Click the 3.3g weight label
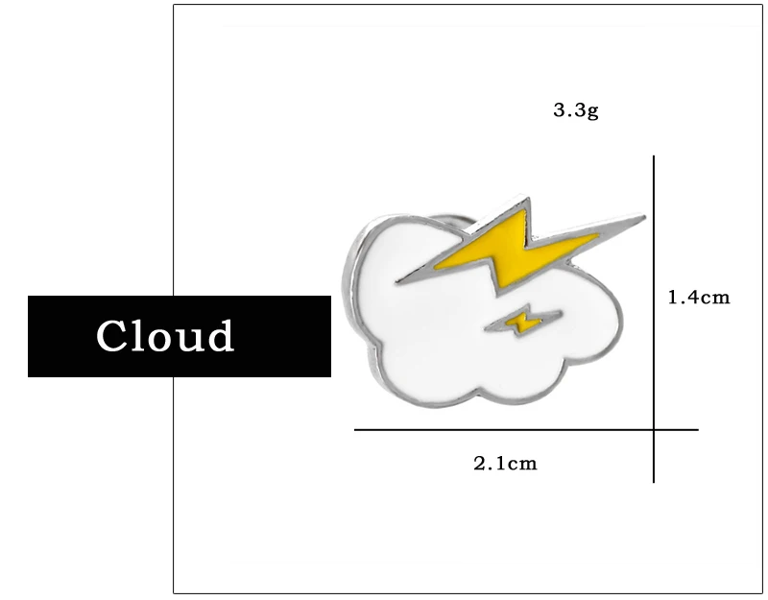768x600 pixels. [x=575, y=110]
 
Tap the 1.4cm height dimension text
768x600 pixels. [x=699, y=298]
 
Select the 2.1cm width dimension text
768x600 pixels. [x=505, y=465]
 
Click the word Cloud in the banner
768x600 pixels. [x=165, y=336]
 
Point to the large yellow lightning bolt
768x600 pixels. [x=514, y=248]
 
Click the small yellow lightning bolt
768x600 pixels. [x=522, y=323]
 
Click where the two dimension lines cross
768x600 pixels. [x=654, y=430]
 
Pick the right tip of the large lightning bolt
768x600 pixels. [x=644, y=217]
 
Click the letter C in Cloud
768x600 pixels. [x=113, y=336]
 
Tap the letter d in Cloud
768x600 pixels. [x=220, y=335]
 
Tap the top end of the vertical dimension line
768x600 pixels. [x=654, y=157]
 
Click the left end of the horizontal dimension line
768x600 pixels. [x=356, y=430]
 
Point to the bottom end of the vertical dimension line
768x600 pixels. [x=654, y=481]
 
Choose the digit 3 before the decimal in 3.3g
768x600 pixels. [x=559, y=110]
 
